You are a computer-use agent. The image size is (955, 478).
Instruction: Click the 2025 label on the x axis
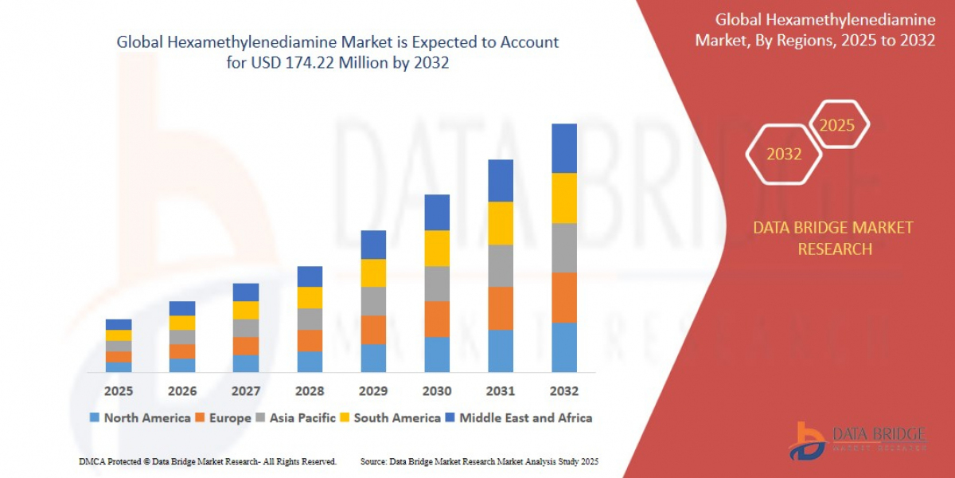click(118, 391)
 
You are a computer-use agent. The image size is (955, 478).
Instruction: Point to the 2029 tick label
click(373, 391)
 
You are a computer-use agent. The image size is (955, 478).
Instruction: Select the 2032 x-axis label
click(563, 391)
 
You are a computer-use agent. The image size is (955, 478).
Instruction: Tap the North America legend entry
click(140, 417)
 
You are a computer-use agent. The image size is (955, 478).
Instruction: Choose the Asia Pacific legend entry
click(295, 417)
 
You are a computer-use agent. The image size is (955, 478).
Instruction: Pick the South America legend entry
click(389, 417)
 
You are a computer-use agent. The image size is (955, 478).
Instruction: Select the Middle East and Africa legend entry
click(519, 417)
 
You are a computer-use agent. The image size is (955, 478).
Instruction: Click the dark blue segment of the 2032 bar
click(563, 148)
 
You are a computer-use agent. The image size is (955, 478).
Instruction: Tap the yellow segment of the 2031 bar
click(501, 223)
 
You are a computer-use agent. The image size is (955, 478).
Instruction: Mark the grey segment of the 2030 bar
click(437, 284)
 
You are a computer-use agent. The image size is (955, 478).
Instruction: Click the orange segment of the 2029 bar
click(373, 330)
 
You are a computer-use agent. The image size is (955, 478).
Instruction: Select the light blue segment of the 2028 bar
click(310, 362)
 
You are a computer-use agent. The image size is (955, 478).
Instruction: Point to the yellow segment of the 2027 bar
click(246, 310)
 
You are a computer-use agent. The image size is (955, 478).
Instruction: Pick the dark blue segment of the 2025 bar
click(118, 324)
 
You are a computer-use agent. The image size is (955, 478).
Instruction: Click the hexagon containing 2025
click(838, 125)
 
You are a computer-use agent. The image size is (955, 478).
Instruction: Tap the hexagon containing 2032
click(784, 155)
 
